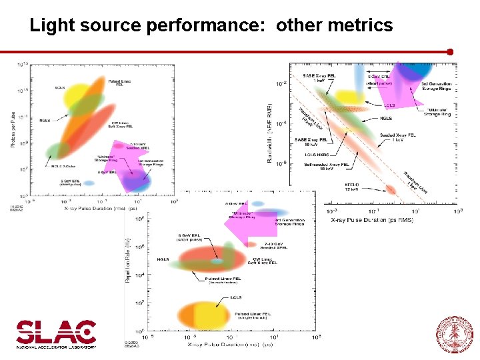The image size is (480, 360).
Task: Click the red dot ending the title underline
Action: [451, 51]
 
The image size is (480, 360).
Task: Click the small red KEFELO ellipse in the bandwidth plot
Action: [391, 190]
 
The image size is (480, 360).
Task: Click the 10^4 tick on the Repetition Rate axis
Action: [139, 275]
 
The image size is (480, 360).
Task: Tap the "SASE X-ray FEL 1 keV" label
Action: [319, 78]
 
